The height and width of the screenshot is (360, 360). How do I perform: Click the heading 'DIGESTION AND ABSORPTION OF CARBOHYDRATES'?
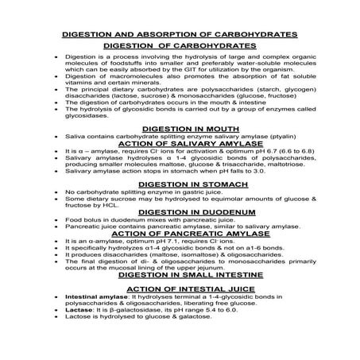(x=179, y=37)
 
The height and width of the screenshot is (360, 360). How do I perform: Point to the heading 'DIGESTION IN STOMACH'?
(x=179, y=184)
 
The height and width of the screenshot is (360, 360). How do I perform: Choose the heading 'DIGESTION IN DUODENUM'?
(x=179, y=212)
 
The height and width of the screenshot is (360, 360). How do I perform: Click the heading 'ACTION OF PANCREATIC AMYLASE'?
(x=179, y=234)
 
